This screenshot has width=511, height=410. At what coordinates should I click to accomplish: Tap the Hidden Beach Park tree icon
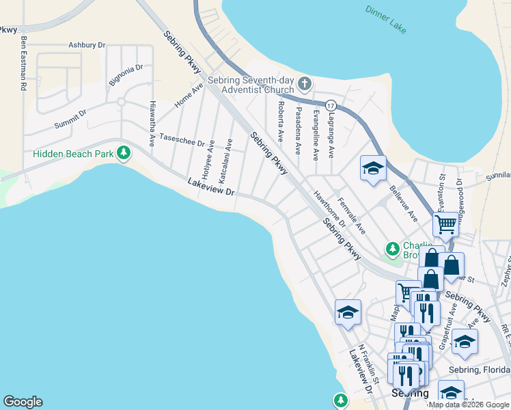pyautogui.click(x=124, y=153)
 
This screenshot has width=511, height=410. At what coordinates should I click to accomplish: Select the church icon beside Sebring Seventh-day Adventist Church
pyautogui.click(x=305, y=85)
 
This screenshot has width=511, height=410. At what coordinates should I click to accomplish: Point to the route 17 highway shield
pyautogui.click(x=331, y=105)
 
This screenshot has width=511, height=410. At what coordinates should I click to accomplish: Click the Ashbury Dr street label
pyautogui.click(x=87, y=45)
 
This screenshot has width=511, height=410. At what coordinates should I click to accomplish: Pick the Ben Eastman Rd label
pyautogui.click(x=23, y=64)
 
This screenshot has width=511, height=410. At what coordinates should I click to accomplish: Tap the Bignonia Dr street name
pyautogui.click(x=126, y=75)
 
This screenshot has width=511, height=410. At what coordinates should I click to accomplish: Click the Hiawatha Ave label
pyautogui.click(x=152, y=124)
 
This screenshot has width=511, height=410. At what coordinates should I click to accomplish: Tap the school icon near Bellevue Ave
pyautogui.click(x=373, y=168)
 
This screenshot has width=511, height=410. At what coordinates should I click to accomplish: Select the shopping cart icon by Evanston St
pyautogui.click(x=445, y=223)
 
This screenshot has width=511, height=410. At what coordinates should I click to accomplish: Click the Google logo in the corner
pyautogui.click(x=23, y=402)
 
